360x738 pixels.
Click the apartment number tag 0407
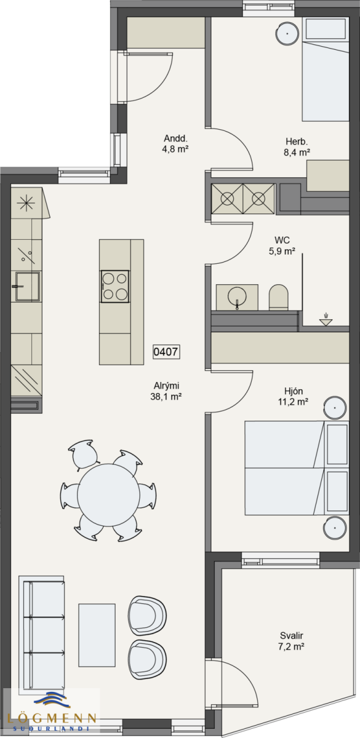pyautogui.click(x=166, y=352)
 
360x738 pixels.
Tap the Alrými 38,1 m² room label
pyautogui.click(x=166, y=391)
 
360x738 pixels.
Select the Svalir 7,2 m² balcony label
pyautogui.click(x=291, y=641)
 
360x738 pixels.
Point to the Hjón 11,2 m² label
pyautogui.click(x=293, y=396)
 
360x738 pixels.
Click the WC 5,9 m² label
pyautogui.click(x=282, y=245)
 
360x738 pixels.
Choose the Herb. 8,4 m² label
pyautogui.click(x=297, y=147)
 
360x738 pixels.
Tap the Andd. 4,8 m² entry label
pyautogui.click(x=175, y=143)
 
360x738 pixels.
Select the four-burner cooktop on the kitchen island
pyautogui.click(x=115, y=286)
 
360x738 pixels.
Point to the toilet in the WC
pyautogui.click(x=279, y=297)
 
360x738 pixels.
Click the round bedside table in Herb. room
pyautogui.click(x=287, y=34)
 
